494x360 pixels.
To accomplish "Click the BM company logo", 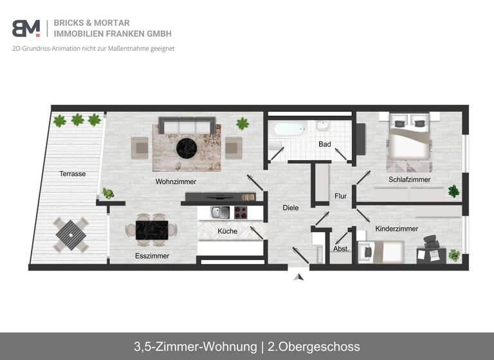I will click(x=26, y=28).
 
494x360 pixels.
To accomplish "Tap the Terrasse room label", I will click(x=73, y=174).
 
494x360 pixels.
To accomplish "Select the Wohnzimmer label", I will click(x=176, y=181).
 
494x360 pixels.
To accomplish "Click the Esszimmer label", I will click(x=152, y=256).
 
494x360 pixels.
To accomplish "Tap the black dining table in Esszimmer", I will click(x=151, y=230).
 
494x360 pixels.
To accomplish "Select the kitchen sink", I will click(x=221, y=212).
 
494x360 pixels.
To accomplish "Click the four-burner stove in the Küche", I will click(x=242, y=212).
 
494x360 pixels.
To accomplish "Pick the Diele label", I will click(x=291, y=208).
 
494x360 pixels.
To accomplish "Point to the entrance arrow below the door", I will click(x=298, y=277).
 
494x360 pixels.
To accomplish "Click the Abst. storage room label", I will click(x=341, y=249).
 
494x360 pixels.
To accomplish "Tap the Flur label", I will click(x=341, y=196).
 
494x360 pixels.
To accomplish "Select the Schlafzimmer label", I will click(x=409, y=179).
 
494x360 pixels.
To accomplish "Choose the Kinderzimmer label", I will click(x=397, y=228).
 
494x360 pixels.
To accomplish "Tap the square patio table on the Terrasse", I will click(x=71, y=235).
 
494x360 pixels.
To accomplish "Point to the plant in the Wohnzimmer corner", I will click(x=242, y=123).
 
